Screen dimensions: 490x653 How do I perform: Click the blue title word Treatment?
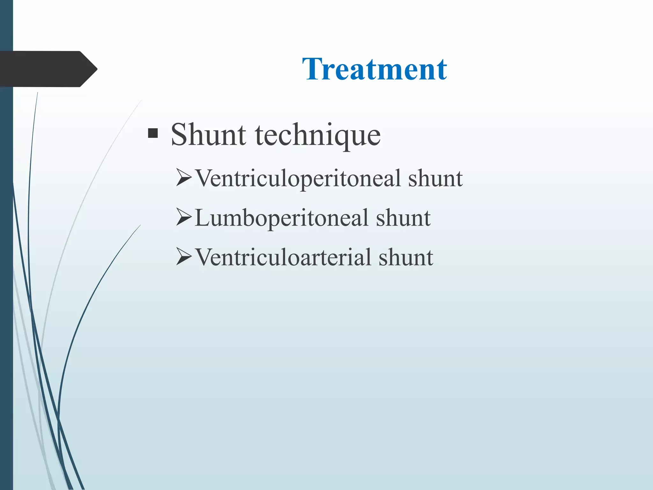tap(375, 69)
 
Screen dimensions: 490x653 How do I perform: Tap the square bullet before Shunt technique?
tap(153, 133)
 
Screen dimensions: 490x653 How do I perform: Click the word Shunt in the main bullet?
tap(208, 135)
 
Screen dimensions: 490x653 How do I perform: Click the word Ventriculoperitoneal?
tap(298, 179)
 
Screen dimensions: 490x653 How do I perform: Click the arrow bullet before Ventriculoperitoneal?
tap(184, 178)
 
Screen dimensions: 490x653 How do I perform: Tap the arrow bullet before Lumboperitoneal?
tap(184, 218)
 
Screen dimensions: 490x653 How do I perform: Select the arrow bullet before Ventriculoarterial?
tap(184, 257)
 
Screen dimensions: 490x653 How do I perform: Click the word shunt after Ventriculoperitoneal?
tap(435, 178)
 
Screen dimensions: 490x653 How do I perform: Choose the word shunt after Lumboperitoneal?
tap(403, 218)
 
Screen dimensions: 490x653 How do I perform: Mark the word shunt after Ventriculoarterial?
tap(406, 257)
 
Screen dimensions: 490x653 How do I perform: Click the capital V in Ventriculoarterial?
tap(204, 257)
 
